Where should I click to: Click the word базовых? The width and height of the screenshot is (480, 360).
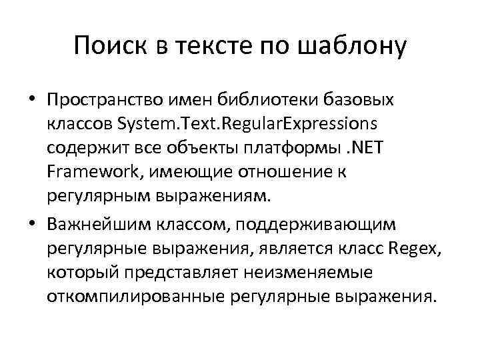pos(363,101)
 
